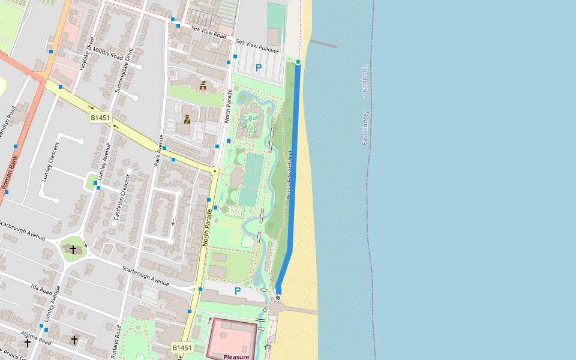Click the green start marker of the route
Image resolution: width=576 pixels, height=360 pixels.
click(298, 62)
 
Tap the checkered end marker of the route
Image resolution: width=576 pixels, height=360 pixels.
click(278, 298)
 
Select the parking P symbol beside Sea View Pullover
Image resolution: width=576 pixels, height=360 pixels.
click(259, 68)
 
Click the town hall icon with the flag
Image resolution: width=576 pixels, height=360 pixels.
click(203, 86)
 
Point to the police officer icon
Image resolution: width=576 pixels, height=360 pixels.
click(187, 119)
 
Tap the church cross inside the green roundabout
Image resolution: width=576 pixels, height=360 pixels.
click(73, 249)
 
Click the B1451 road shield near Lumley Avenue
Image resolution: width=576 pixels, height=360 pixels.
click(101, 118)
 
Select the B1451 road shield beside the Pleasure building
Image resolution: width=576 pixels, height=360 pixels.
click(182, 347)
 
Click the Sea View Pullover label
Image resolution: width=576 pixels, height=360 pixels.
click(258, 42)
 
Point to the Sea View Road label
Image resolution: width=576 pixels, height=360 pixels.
click(208, 31)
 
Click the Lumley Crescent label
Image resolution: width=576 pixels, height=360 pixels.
click(50, 163)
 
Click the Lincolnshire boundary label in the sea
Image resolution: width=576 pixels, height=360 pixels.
click(364, 81)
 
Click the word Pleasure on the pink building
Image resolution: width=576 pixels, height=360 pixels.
click(236, 356)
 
